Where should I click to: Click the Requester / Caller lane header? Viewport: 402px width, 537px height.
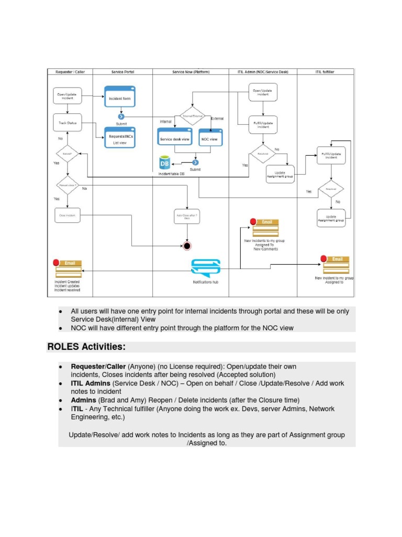(70, 72)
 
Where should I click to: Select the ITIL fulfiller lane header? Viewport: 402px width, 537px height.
(325, 72)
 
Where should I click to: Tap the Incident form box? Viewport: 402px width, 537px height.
(120, 98)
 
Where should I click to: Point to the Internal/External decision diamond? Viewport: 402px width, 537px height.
(193, 115)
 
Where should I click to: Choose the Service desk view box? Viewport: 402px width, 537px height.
(174, 139)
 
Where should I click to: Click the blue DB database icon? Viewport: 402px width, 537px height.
(165, 164)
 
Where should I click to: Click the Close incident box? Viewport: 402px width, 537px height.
(68, 215)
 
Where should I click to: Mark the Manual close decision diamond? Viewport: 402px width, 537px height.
(68, 185)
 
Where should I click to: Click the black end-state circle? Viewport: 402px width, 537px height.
(187, 245)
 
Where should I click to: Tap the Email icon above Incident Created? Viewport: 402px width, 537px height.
(69, 268)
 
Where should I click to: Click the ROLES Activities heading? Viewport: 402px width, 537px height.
(86, 347)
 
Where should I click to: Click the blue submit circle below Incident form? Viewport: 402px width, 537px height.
(121, 117)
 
